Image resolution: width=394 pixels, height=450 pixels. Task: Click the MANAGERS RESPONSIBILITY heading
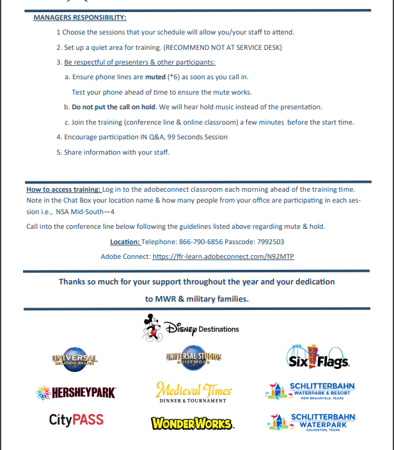click(79, 17)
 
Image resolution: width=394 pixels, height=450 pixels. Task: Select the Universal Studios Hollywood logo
click(193, 359)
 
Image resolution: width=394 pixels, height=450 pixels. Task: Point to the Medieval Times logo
click(193, 391)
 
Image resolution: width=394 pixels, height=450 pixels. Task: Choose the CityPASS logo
click(76, 420)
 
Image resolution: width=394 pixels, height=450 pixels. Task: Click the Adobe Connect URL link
click(223, 256)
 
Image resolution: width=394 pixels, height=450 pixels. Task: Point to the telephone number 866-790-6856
click(196, 242)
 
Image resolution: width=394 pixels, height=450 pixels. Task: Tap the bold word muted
click(155, 77)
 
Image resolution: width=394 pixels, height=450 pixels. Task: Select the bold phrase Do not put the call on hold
click(113, 107)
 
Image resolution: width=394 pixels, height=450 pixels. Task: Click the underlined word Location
click(125, 242)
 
